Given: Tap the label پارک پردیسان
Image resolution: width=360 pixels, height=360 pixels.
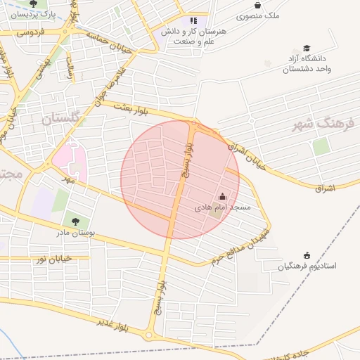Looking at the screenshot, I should coord(34,14).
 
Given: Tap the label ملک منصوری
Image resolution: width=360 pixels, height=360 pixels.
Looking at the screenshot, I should coord(259,15).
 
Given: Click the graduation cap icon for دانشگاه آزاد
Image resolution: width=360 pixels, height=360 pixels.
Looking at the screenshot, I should coord(307,48).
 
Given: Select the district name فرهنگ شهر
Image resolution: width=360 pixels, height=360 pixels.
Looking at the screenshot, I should coord(324,124).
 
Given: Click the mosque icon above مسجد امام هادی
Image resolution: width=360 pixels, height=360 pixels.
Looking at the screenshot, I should coord(223,197).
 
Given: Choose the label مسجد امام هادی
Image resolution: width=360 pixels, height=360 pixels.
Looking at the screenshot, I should coord(222,209).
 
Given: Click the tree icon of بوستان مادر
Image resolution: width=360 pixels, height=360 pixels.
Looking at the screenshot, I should coord(75,221).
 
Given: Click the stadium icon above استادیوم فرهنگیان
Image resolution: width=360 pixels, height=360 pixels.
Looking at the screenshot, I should coord(307,255).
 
